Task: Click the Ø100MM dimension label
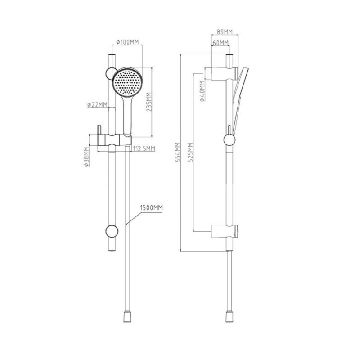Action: click(x=127, y=42)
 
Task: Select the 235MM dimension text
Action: click(x=149, y=102)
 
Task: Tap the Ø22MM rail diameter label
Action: click(x=97, y=105)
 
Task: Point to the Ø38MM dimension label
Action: click(x=86, y=157)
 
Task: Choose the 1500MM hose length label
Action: click(x=152, y=208)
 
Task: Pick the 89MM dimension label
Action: click(x=225, y=31)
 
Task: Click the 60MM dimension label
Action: click(x=220, y=43)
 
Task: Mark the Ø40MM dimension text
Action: click(x=202, y=91)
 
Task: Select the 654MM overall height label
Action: click(x=178, y=153)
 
